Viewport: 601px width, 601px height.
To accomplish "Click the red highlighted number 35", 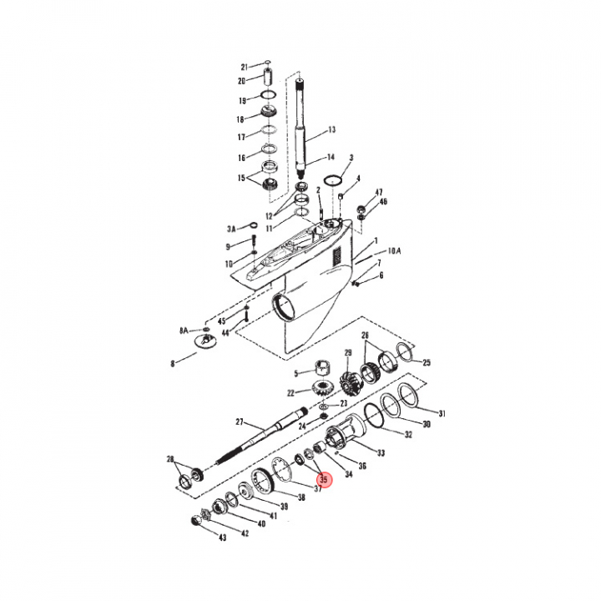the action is click(324, 479).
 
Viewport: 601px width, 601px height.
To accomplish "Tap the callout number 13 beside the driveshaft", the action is click(332, 129).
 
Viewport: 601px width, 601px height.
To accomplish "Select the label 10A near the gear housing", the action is click(394, 251).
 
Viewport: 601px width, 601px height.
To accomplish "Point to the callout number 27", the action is click(240, 422).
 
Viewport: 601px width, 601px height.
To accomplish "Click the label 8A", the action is click(184, 331).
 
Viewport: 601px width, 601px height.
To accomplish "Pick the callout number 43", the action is click(223, 538).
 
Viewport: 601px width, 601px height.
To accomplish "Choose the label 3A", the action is click(231, 230).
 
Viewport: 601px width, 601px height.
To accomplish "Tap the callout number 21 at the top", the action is click(245, 67).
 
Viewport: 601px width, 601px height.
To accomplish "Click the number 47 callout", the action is click(379, 193).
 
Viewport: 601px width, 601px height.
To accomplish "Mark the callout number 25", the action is click(427, 362).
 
